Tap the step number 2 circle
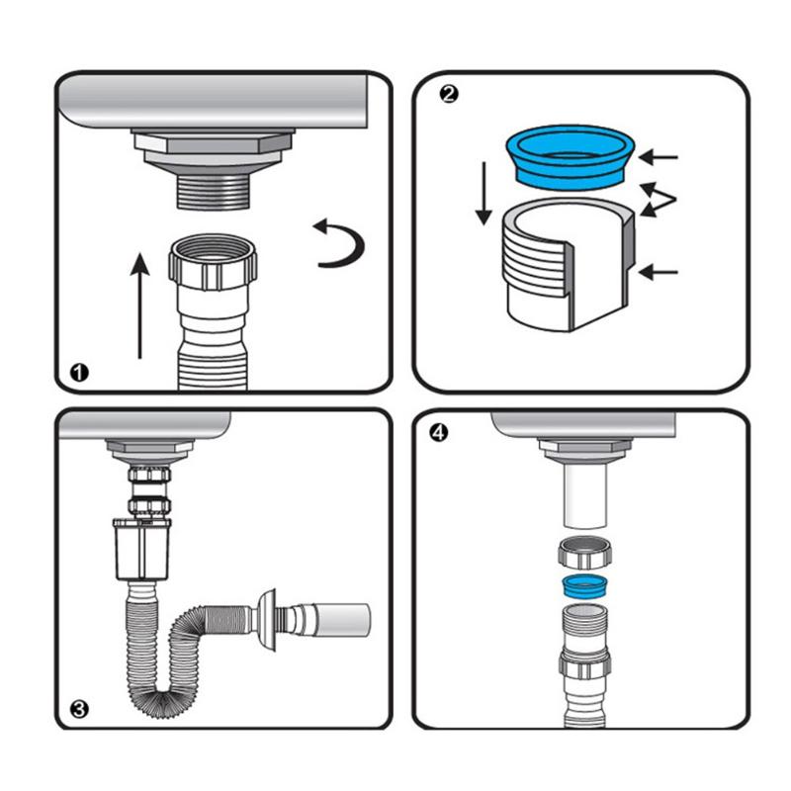click(450, 94)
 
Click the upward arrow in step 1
click(140, 307)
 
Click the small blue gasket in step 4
click(583, 585)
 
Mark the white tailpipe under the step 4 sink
click(583, 500)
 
